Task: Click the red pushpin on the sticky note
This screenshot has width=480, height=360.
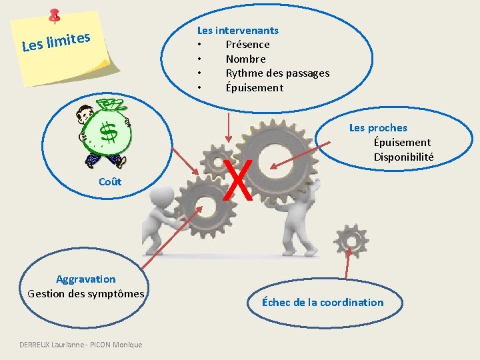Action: click(54, 15)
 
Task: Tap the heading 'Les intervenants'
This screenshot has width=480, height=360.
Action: click(237, 30)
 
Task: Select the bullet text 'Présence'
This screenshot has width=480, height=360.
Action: click(247, 44)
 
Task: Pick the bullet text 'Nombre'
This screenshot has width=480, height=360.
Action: click(245, 59)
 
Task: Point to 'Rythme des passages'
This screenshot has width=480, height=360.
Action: click(277, 73)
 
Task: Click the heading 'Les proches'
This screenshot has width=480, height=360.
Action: click(378, 128)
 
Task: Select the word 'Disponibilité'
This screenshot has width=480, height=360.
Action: click(403, 157)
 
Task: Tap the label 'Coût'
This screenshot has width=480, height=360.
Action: click(110, 182)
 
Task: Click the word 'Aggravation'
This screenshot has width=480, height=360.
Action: click(85, 279)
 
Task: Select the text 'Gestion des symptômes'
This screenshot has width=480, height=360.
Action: click(85, 293)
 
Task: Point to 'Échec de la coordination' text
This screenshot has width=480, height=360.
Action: click(323, 302)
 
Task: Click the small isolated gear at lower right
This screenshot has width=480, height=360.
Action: click(351, 239)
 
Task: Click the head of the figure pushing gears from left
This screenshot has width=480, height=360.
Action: click(161, 196)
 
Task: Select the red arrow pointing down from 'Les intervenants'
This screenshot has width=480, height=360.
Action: click(229, 133)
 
